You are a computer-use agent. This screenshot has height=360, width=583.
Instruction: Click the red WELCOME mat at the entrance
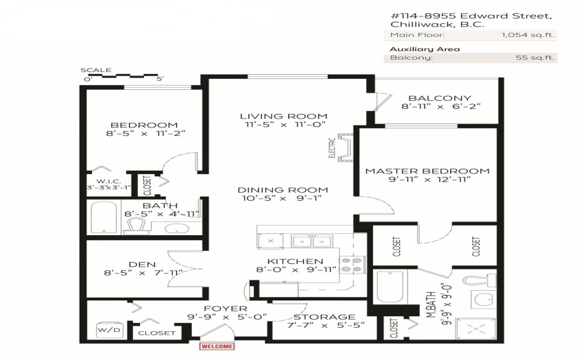point(217,346)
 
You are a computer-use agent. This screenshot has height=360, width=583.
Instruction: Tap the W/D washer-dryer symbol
point(109,330)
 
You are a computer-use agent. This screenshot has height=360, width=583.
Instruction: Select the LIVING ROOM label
point(284,117)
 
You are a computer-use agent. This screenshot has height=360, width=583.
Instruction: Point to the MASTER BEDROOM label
point(427,171)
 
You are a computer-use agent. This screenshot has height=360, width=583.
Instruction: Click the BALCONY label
point(440,98)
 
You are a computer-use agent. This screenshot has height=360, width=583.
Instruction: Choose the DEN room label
point(142,265)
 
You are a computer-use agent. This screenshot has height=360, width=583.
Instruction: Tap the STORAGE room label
point(324,317)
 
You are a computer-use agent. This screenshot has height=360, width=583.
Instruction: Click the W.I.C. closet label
point(108,182)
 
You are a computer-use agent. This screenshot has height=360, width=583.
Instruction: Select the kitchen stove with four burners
point(352,265)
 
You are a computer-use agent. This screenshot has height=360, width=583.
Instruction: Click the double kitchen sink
point(312,241)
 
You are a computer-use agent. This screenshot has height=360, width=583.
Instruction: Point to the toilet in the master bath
point(479,280)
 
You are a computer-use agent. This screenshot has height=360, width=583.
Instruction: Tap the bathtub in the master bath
point(390,287)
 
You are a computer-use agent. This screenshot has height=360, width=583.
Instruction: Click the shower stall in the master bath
point(476,328)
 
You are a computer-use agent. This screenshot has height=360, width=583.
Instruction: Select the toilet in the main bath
point(136,226)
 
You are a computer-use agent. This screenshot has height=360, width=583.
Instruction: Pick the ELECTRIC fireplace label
point(332,147)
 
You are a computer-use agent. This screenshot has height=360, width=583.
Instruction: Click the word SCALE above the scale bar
point(96,70)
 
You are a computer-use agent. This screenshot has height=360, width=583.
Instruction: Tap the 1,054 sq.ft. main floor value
point(527,35)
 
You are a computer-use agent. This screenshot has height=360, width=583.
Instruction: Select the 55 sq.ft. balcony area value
point(535,58)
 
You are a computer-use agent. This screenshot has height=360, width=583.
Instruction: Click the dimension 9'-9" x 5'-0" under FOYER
point(227,317)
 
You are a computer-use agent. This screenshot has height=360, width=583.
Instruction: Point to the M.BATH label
point(431,304)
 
